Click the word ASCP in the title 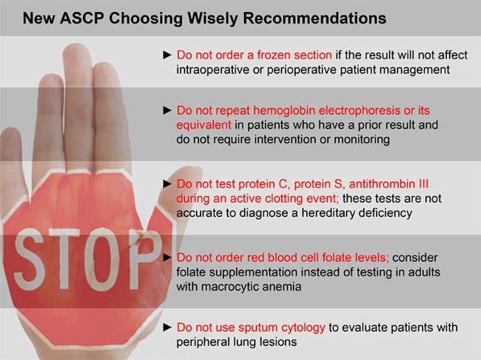(82, 18)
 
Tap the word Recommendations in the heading (314, 18)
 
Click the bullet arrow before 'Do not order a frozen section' (167, 55)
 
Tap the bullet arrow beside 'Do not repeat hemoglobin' (167, 110)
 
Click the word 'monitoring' (362, 139)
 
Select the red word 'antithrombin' (382, 184)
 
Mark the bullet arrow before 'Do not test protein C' (167, 184)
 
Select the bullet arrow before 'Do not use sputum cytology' (167, 327)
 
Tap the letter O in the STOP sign (101, 259)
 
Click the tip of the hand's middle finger (76, 44)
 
